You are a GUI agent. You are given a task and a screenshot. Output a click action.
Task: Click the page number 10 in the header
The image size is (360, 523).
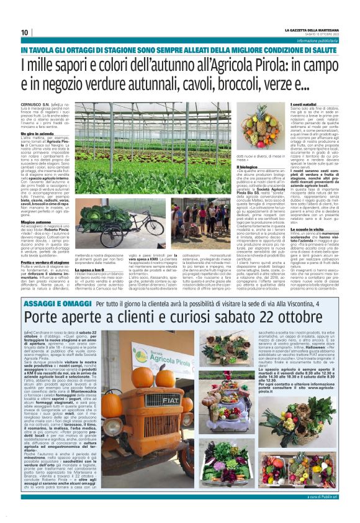[x=25, y=32]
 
